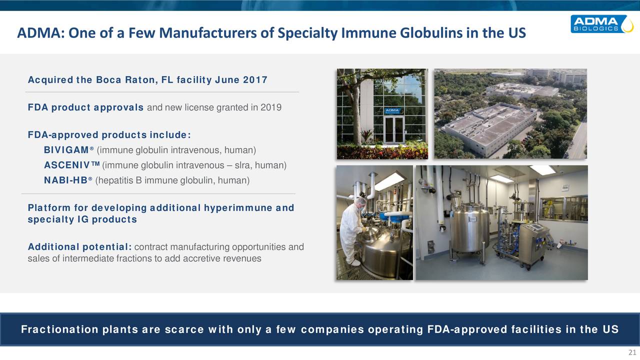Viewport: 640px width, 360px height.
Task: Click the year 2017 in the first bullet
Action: (x=255, y=80)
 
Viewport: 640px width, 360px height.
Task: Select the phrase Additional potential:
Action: (x=79, y=247)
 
